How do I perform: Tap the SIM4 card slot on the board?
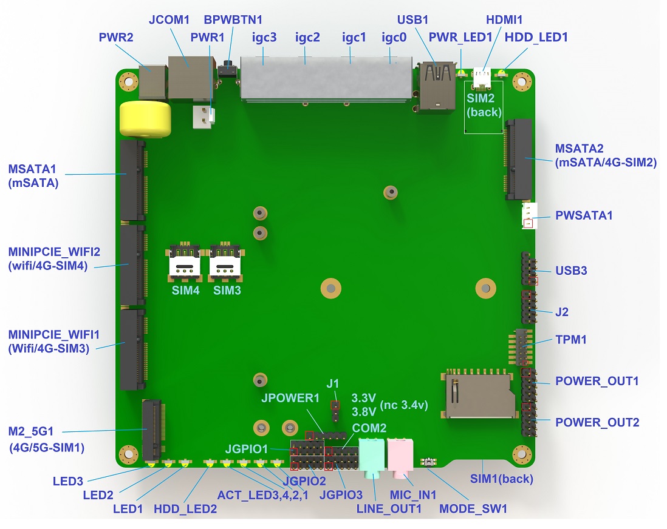point(185,261)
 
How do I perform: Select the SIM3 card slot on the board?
point(226,261)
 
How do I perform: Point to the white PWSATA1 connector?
point(528,215)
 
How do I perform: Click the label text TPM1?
point(571,340)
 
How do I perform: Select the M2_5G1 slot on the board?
point(152,430)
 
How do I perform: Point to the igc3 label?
point(264,37)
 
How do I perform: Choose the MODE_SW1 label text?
point(473,508)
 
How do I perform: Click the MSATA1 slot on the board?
point(133,180)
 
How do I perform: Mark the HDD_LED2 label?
point(185,508)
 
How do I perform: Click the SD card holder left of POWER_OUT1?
point(478,394)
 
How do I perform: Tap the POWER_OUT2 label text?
point(597,422)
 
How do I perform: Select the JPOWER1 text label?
point(290,399)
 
